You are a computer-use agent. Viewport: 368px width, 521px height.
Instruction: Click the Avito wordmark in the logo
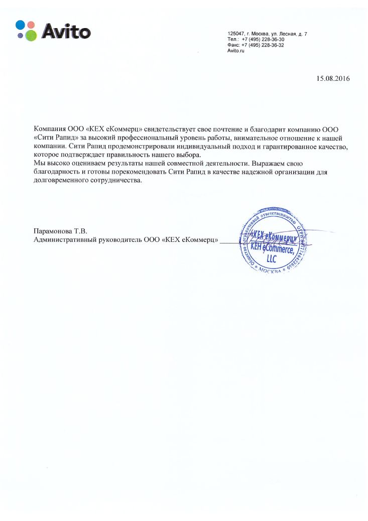tap(66, 32)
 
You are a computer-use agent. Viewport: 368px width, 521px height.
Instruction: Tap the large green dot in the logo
tap(31, 35)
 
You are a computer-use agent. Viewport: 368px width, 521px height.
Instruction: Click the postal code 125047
tap(235, 34)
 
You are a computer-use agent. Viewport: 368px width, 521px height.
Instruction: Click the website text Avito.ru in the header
tap(235, 51)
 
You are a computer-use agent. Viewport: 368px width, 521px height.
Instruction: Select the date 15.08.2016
tap(333, 78)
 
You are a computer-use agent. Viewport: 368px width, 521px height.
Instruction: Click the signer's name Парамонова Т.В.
tap(60, 231)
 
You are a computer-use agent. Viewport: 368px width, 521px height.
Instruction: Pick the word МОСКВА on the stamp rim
tap(273, 270)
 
